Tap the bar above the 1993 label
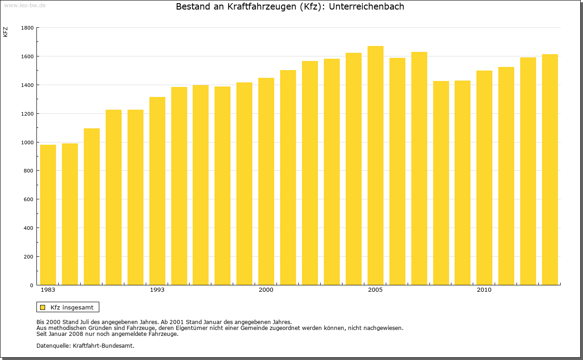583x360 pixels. coord(157,191)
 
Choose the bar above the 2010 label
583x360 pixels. coord(484,177)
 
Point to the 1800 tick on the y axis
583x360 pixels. coord(27,28)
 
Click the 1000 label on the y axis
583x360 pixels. coord(27,142)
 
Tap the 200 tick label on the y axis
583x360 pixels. coord(29,257)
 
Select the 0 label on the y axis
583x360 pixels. coord(31,285)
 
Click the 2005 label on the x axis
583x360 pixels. coord(375,290)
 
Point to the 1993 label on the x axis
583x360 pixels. coord(157,290)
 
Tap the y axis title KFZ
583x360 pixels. coord(5,32)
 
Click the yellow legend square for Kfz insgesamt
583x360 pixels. coord(42,307)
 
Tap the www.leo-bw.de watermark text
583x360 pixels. coord(24,5)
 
